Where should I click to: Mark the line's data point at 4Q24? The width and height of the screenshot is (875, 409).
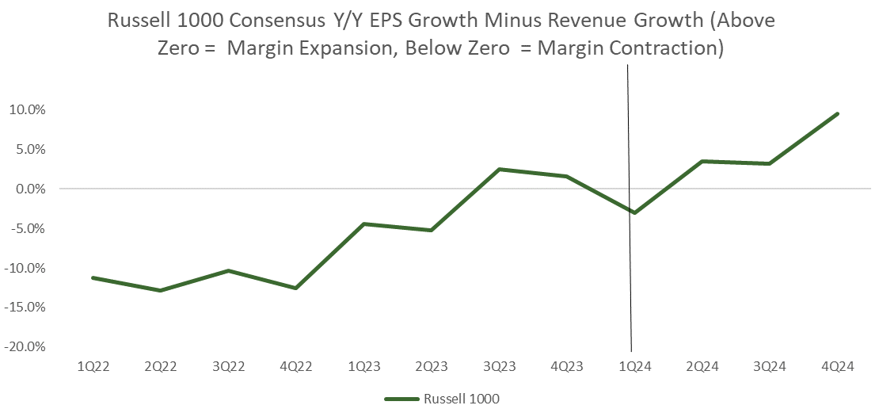(837, 114)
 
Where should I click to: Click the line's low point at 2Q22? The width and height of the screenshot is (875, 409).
(161, 290)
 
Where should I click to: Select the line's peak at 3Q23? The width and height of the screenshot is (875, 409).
(499, 170)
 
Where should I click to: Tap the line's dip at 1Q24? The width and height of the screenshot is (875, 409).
(634, 212)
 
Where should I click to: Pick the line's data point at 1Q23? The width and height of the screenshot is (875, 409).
(363, 224)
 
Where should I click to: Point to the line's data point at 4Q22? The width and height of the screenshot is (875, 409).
(296, 288)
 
